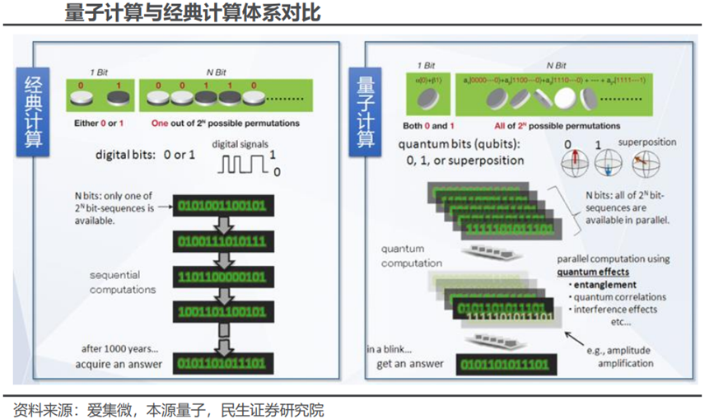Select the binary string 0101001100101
pyautogui.click(x=222, y=204)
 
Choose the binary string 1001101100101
pyautogui.click(x=222, y=313)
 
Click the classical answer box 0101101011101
pyautogui.click(x=222, y=362)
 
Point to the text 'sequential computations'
pyautogui.click(x=123, y=282)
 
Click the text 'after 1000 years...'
pyautogui.click(x=115, y=347)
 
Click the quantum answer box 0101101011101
pyautogui.click(x=503, y=363)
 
